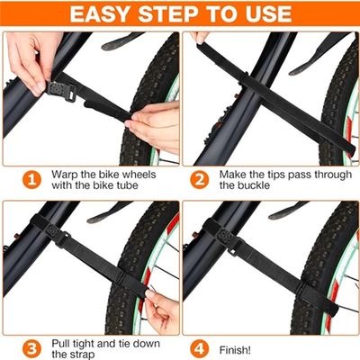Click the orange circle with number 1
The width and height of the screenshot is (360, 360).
pyautogui.click(x=31, y=180)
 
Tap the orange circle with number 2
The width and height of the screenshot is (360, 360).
pyautogui.click(x=199, y=180)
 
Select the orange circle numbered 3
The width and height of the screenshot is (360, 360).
pyautogui.click(x=31, y=349)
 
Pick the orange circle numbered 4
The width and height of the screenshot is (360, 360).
pyautogui.click(x=199, y=349)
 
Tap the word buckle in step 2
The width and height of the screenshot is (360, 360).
pyautogui.click(x=255, y=185)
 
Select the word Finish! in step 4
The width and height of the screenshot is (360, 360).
pyautogui.click(x=235, y=350)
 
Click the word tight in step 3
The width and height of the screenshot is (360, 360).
pyautogui.click(x=88, y=344)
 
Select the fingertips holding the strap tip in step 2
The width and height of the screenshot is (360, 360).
pyautogui.click(x=199, y=38)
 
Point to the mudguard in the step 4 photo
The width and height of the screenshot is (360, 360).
pyautogui.click(x=288, y=210)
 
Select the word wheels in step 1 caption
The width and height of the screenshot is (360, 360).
pyautogui.click(x=139, y=175)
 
